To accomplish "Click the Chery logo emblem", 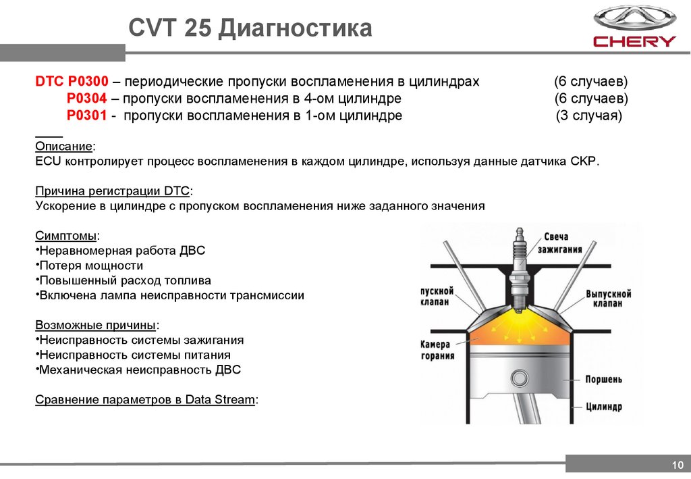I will pos(634,18).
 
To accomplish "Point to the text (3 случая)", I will pos(589,116).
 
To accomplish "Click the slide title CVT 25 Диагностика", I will pos(250,29).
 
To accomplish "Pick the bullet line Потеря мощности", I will pos(91,266).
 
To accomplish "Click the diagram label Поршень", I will pos(603,380).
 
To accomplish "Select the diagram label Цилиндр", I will pos(603,407).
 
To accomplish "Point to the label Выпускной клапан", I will pos(608,299).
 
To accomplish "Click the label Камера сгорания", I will pos(437,350).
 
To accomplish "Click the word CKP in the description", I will pos(584,162).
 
